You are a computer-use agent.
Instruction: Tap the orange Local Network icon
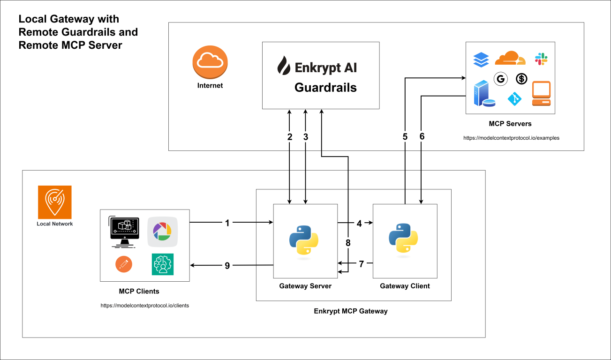55,202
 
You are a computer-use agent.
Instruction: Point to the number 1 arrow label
227,223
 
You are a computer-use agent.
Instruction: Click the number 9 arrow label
227,266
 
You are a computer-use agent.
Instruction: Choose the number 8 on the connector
347,243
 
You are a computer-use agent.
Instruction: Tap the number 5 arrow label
405,137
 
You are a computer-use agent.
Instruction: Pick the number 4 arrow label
359,224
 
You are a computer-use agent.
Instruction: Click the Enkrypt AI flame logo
283,67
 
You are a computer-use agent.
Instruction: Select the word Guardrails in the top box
325,88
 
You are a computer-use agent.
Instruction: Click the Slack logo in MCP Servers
541,59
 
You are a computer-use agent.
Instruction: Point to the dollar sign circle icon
521,79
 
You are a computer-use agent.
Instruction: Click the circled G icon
500,79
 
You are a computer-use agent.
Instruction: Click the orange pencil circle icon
124,264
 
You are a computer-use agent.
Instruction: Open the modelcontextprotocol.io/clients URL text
144,305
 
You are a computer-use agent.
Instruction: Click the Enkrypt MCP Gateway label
351,311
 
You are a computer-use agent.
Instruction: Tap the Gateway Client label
405,286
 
